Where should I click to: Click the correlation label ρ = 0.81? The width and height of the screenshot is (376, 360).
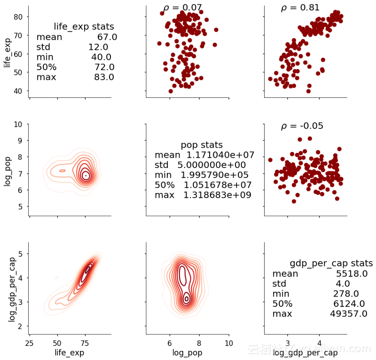coord(300,8)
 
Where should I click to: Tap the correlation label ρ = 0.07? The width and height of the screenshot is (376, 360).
coord(182,8)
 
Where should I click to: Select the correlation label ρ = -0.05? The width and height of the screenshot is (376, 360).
coord(302,126)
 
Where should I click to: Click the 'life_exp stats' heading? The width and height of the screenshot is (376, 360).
coord(84,26)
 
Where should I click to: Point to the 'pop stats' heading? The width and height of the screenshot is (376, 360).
coord(202,145)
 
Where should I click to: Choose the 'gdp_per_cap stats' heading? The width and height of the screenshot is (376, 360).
coord(331,263)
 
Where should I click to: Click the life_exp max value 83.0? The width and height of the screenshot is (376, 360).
coord(104,77)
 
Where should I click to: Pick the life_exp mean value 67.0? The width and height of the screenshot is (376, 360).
coord(107,37)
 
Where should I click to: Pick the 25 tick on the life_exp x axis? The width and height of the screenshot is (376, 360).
coord(29,343)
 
